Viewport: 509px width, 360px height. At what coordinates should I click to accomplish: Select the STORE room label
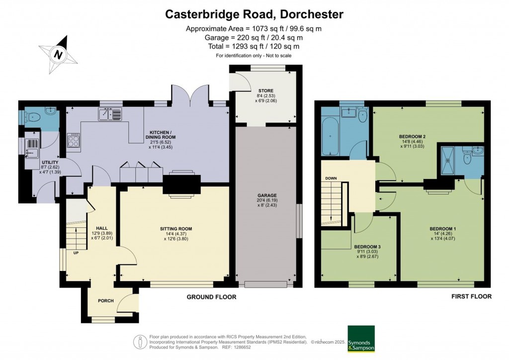coord(266,90)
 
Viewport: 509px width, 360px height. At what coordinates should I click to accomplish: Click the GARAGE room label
coord(267,195)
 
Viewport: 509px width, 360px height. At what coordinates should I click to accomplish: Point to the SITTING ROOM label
coord(176,229)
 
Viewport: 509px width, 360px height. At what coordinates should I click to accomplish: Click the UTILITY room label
coord(50,163)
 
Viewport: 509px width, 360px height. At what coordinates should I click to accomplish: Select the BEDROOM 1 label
coord(443,229)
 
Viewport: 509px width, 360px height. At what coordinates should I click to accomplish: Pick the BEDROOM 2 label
coord(412,136)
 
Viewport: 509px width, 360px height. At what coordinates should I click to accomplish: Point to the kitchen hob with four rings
coord(74,140)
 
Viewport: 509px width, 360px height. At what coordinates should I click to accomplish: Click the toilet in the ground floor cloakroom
coord(34,118)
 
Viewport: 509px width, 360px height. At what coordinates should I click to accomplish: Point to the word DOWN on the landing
coord(331,178)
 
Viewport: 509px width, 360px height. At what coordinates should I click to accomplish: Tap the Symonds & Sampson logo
coord(361,338)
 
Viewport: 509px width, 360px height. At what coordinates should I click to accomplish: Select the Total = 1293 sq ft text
coord(254,46)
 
